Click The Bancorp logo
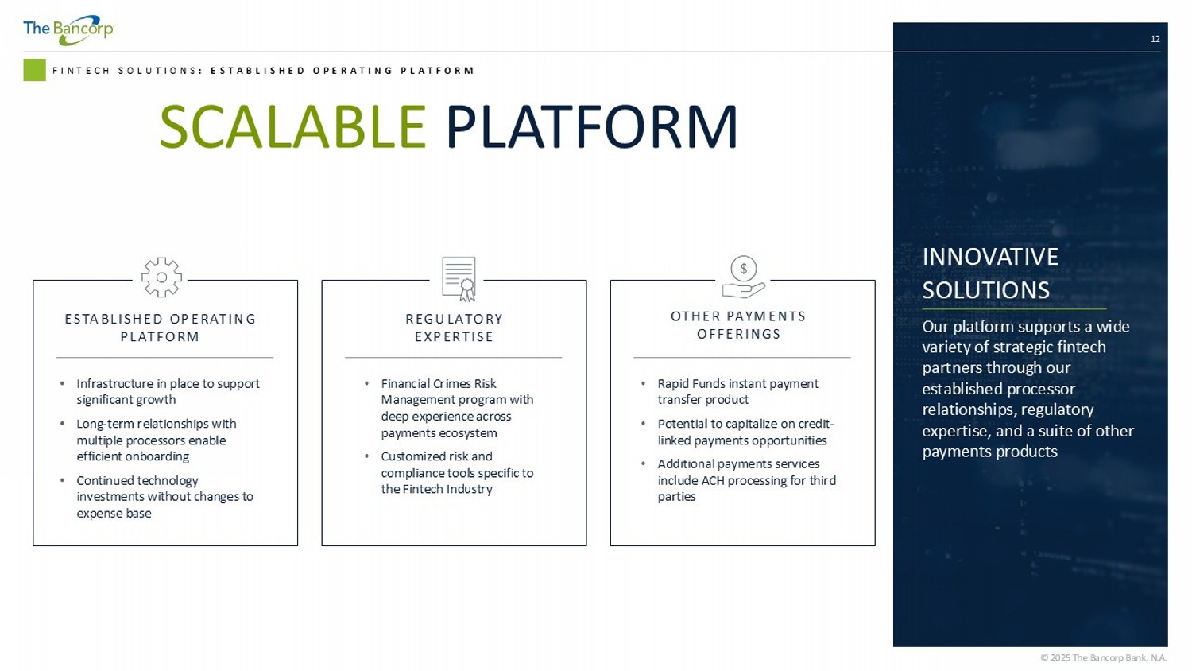[68, 30]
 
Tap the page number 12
[1155, 39]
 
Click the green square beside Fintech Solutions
[34, 70]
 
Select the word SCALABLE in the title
[292, 127]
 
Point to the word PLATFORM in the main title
[591, 127]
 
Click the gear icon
[161, 277]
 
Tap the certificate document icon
[459, 279]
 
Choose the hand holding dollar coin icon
[743, 277]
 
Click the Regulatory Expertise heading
[454, 328]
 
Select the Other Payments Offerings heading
[738, 325]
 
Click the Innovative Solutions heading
[990, 273]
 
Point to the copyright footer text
[1103, 657]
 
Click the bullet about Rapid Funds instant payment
[737, 391]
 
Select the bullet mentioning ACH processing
[745, 480]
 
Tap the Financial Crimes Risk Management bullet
[456, 408]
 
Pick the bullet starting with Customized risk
[456, 472]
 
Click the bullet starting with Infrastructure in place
[167, 391]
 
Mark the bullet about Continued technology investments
[164, 496]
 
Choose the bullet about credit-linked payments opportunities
[745, 432]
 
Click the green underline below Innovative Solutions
[1013, 308]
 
